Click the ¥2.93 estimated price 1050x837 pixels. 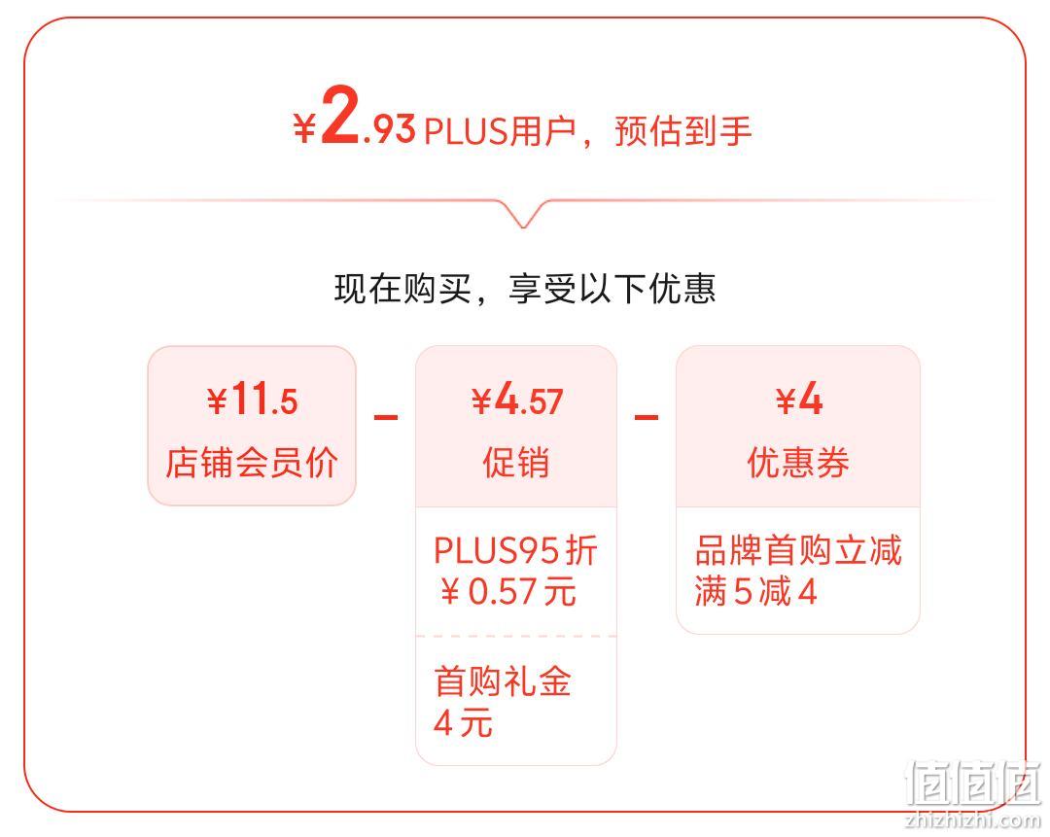click(354, 117)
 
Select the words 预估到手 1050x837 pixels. click(683, 130)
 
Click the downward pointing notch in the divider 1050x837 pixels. click(524, 214)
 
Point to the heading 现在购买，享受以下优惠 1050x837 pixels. click(525, 290)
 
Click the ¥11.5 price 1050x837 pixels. click(252, 400)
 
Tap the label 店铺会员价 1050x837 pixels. click(252, 462)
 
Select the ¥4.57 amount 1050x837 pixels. click(516, 401)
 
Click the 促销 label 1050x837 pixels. click(516, 462)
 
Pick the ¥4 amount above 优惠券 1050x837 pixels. click(799, 400)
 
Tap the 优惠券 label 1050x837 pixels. click(798, 462)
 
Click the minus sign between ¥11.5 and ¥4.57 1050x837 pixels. click(386, 418)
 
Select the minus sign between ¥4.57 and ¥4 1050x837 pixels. click(647, 418)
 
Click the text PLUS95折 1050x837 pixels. click(515, 550)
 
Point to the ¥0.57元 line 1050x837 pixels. click(508, 591)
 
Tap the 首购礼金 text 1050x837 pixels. click(503, 681)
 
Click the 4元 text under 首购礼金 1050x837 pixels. click(463, 723)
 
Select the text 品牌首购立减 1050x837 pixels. click(798, 550)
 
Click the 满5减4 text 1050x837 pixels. click(756, 591)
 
